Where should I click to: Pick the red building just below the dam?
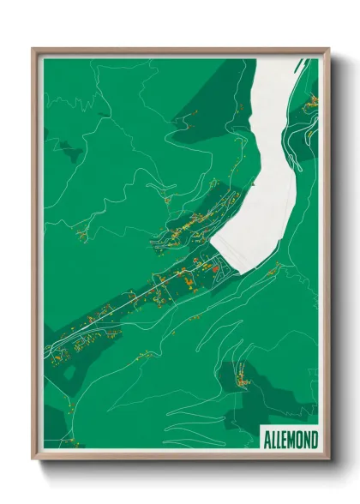216,268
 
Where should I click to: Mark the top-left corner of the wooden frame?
33,49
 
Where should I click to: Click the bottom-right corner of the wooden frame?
328,460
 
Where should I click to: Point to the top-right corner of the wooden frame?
328,49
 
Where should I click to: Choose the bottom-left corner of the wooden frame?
33,460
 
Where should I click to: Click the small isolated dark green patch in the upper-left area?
69,154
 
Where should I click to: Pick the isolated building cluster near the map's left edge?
82,232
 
